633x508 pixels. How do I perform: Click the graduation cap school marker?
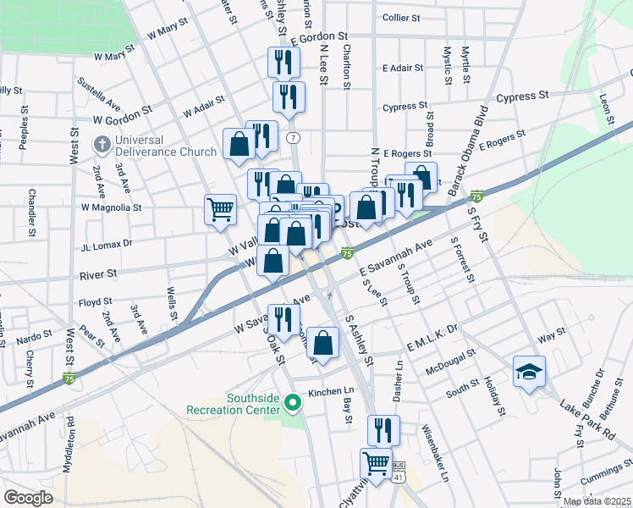(x=529, y=372)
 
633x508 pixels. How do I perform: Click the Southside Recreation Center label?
(x=233, y=404)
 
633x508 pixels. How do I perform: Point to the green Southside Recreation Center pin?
(x=293, y=400)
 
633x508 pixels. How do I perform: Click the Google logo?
(x=28, y=498)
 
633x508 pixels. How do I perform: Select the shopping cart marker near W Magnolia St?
(x=220, y=208)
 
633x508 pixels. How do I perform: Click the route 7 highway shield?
(x=293, y=137)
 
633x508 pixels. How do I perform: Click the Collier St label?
(x=401, y=17)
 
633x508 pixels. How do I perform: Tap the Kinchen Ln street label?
(x=330, y=392)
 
